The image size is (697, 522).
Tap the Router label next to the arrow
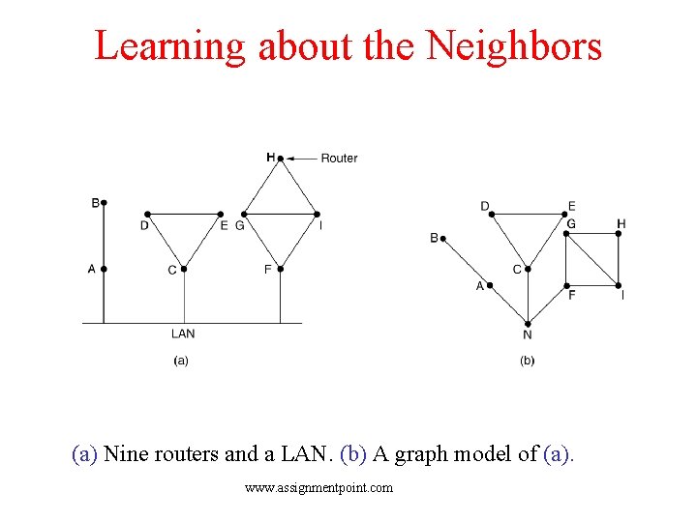point(339,158)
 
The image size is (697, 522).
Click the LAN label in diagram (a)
point(183,333)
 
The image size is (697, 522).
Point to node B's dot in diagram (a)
point(104,203)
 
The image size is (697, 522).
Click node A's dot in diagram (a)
point(104,269)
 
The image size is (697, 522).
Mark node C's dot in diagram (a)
point(183,269)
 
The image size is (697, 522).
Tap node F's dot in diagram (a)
point(280,269)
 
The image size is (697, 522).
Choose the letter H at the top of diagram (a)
point(270,157)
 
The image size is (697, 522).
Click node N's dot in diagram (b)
point(528,323)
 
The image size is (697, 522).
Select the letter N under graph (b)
point(528,335)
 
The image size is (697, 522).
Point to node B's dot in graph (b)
point(443,237)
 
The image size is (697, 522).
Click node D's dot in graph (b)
point(492,216)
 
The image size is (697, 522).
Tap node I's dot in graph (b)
point(619,285)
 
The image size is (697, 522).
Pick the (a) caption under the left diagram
point(181,361)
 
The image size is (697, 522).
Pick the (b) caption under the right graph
point(528,361)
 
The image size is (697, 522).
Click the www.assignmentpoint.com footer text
point(319,488)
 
